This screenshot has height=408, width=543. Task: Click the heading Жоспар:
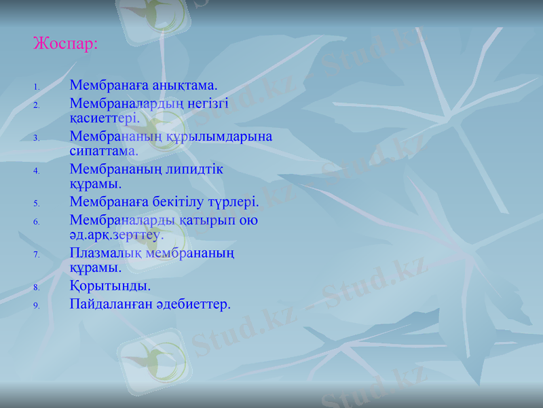66,44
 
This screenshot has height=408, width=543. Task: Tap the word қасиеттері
105,118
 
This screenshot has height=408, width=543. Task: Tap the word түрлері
235,201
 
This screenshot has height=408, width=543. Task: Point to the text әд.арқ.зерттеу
116,235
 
